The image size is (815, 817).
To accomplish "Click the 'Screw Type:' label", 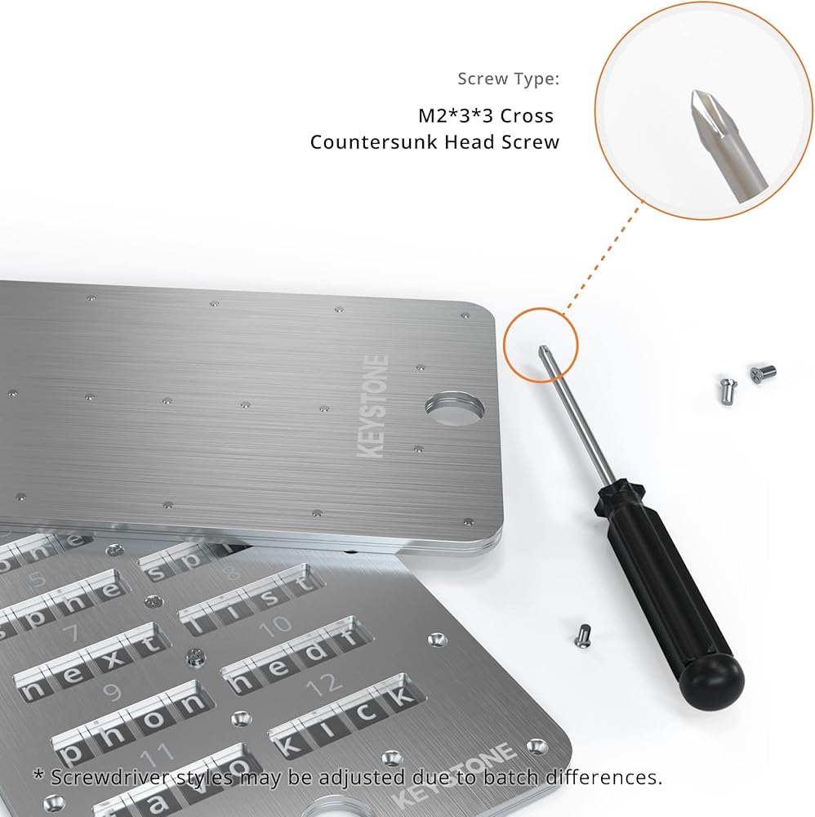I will [x=508, y=79].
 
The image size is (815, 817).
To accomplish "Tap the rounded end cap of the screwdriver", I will [x=713, y=679].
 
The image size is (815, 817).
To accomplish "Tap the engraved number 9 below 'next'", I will [x=113, y=693].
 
